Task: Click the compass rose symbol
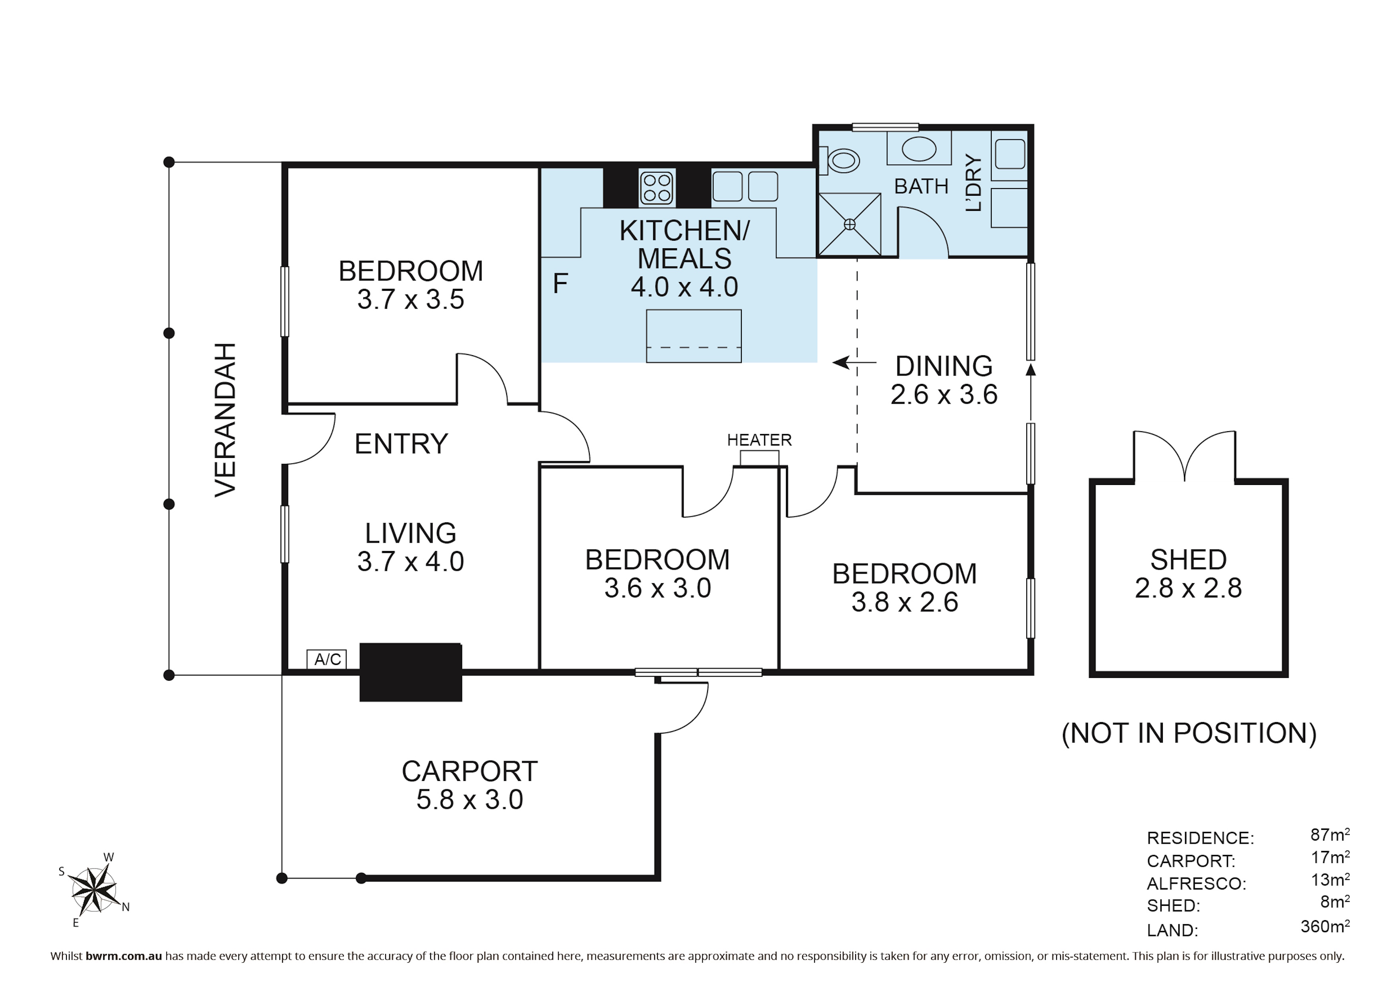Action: point(94,890)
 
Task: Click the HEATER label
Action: point(759,440)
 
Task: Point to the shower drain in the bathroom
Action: point(849,225)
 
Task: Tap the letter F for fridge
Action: point(560,284)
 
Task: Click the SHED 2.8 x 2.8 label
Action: point(1188,574)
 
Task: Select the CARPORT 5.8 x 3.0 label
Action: point(470,785)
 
